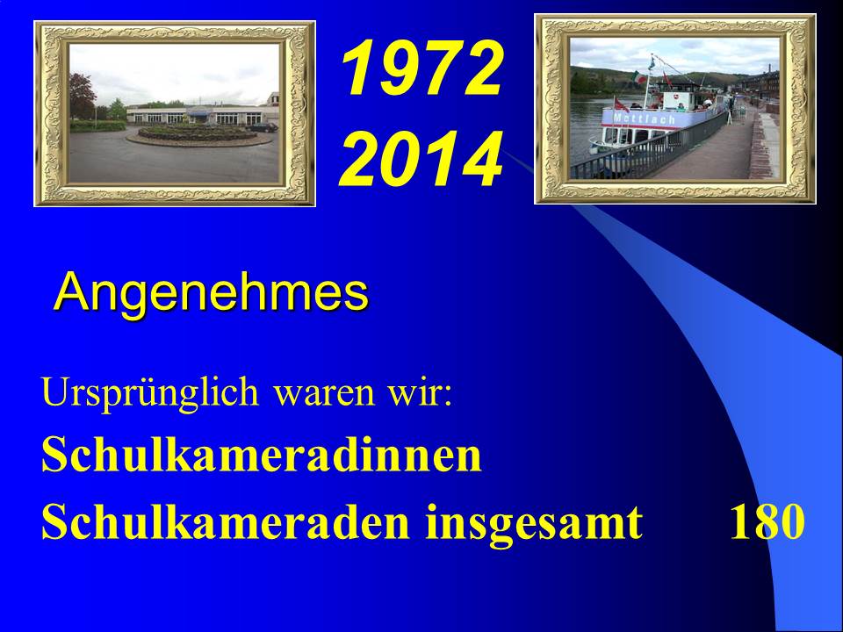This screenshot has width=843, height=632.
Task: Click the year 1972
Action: pos(422,68)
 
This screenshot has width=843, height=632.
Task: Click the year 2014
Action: pos(421,159)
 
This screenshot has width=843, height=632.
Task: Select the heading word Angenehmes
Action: pos(212,293)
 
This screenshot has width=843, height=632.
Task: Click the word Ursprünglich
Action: pos(150,393)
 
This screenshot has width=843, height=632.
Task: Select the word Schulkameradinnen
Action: pos(262,455)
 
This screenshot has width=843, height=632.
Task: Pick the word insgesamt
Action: pos(534,522)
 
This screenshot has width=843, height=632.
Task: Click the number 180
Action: pos(767,521)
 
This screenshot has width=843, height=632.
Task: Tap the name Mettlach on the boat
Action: pos(644,118)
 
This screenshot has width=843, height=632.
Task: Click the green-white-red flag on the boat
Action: pos(638,77)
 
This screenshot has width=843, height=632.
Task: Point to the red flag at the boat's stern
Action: pos(621,104)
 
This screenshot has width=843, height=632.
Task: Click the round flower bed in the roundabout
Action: pos(198,133)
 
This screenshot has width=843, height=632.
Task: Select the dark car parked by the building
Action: pos(263,127)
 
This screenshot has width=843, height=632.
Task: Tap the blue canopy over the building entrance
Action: pos(198,112)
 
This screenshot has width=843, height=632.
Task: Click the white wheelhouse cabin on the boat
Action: pos(677,100)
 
